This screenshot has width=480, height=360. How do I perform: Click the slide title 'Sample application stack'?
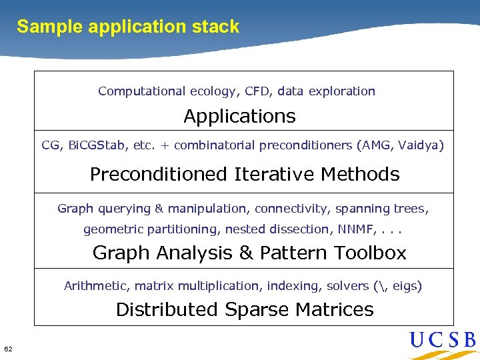click(x=128, y=27)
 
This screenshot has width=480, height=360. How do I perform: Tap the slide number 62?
click(x=8, y=349)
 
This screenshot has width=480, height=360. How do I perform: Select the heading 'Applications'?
click(x=239, y=116)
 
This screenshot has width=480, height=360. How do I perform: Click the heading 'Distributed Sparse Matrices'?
click(x=244, y=309)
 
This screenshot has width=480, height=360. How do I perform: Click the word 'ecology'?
click(x=213, y=91)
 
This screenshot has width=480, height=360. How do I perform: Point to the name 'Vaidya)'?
click(x=421, y=145)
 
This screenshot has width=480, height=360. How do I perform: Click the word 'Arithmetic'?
click(x=97, y=285)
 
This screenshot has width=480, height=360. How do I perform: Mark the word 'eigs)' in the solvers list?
click(x=407, y=286)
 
